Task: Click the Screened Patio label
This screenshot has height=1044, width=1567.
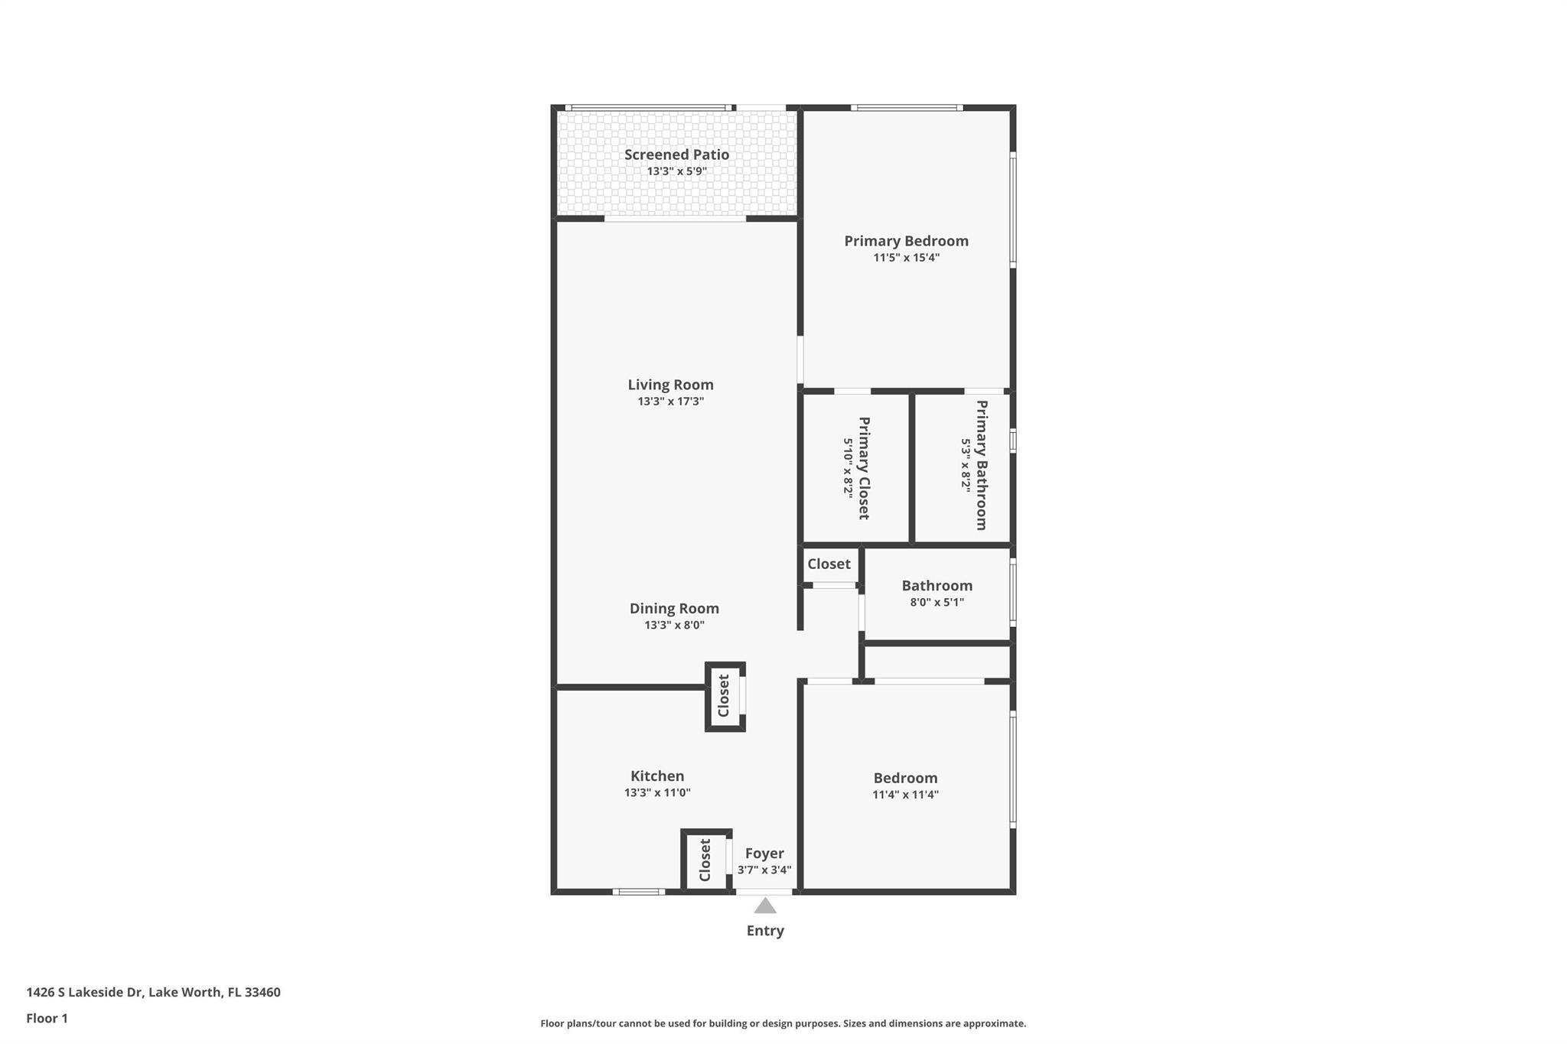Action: [x=676, y=154]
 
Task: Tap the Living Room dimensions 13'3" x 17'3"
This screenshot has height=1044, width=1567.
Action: [x=671, y=402]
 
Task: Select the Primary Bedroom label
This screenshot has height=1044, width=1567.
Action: [x=906, y=241]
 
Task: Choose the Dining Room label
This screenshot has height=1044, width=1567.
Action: [x=674, y=609]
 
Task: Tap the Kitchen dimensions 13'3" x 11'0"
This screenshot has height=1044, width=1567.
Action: [x=657, y=793]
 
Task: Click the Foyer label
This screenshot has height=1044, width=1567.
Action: [x=764, y=854]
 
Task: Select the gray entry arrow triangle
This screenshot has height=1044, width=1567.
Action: [x=765, y=906]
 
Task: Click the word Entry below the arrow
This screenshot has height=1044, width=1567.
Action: [x=765, y=931]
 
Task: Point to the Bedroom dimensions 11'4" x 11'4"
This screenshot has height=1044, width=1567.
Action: [x=905, y=795]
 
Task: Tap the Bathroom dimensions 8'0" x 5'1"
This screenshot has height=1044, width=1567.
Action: [x=937, y=603]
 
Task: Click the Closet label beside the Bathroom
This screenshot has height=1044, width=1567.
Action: [x=829, y=564]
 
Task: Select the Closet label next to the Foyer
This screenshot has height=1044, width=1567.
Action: [x=705, y=860]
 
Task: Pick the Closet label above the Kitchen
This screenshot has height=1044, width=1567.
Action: [x=724, y=695]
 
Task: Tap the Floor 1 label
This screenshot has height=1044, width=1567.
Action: [x=47, y=1018]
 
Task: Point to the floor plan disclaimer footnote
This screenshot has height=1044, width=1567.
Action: [x=783, y=1023]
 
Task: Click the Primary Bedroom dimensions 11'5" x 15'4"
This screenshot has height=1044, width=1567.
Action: [x=906, y=258]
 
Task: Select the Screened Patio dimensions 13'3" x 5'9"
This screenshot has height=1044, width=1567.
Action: [x=676, y=171]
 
